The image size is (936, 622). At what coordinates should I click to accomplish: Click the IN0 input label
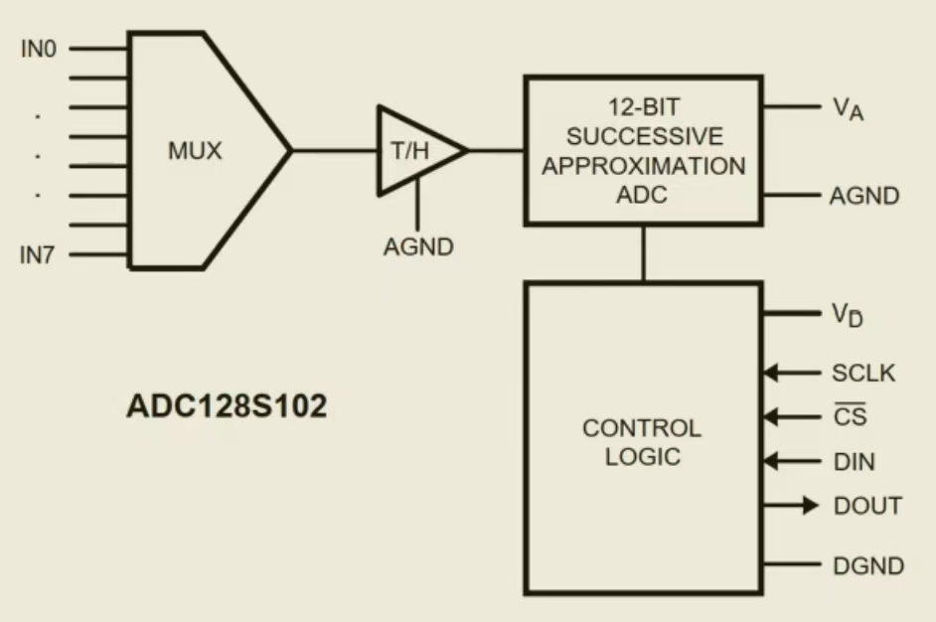coord(39,49)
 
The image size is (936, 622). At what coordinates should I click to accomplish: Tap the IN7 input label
coord(39,256)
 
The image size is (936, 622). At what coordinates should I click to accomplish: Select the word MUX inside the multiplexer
coord(194,152)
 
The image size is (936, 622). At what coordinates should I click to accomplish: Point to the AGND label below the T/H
coord(418,246)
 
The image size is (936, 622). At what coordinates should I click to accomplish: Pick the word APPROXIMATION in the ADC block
coord(643,165)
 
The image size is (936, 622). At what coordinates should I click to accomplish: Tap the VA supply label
coord(848,108)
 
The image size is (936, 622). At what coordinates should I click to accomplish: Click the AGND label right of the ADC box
coord(864,196)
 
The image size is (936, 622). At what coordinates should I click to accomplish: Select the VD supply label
coord(848,314)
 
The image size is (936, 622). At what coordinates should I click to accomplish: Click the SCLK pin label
coord(863,374)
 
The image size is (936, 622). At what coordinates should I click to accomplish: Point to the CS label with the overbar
coord(850,417)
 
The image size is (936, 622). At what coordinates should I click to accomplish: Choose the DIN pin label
coord(855,462)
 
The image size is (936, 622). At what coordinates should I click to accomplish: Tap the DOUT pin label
coord(867,506)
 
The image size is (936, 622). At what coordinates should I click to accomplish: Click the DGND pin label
coord(868,566)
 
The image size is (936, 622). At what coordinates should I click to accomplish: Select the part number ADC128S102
coord(227,407)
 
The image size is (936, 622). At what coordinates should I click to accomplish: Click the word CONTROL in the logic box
coord(642,429)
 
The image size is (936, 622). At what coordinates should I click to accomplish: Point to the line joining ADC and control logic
coord(643,252)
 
